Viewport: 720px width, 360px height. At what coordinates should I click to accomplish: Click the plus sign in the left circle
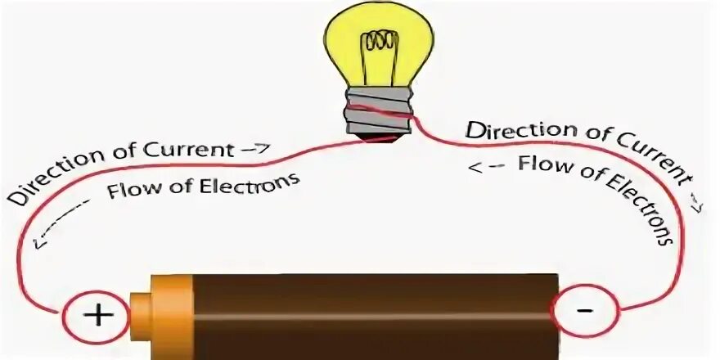coord(97,315)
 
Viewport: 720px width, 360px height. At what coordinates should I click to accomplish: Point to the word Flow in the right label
coord(538,163)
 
